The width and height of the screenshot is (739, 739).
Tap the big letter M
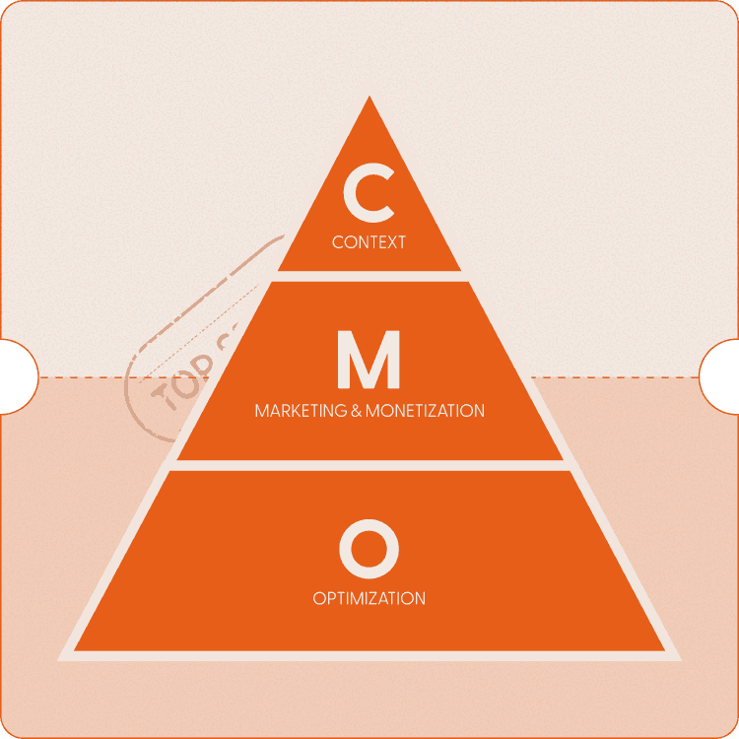point(369,361)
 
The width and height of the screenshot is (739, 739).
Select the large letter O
point(369,549)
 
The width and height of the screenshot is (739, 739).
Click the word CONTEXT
point(369,241)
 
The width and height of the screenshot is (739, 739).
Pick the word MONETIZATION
point(426,410)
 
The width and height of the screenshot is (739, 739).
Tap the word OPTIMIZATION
point(369,598)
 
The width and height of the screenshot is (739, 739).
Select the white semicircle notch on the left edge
point(14,375)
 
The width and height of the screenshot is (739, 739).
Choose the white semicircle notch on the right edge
point(723,375)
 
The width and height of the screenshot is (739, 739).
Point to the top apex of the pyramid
point(369,99)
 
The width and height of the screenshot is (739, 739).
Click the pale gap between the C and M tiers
point(369,276)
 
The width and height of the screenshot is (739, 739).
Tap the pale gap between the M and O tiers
point(369,465)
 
